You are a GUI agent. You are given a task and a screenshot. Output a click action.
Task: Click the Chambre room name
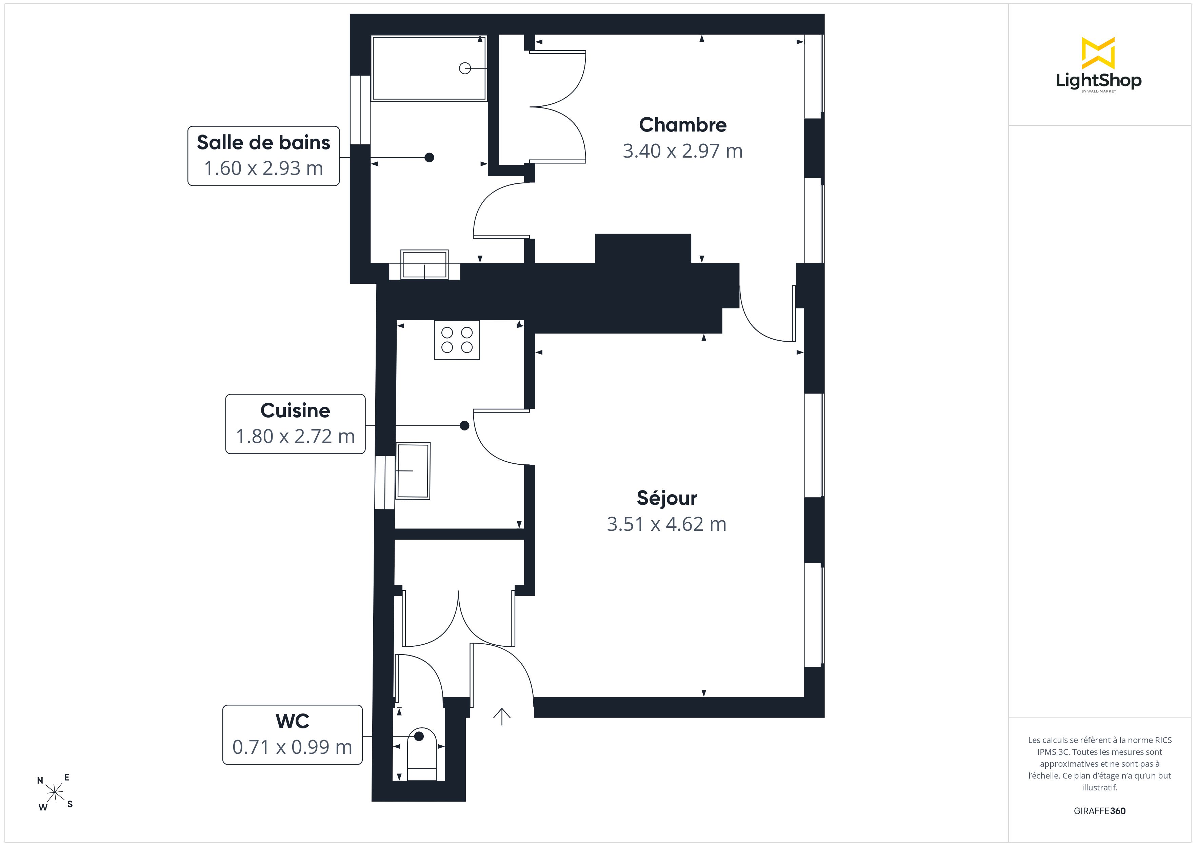pyautogui.click(x=682, y=125)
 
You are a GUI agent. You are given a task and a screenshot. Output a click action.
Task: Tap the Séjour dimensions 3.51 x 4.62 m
pyautogui.click(x=666, y=524)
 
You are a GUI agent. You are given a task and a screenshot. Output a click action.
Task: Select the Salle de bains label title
pyautogui.click(x=264, y=142)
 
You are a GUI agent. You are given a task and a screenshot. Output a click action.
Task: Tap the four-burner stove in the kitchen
pyautogui.click(x=457, y=340)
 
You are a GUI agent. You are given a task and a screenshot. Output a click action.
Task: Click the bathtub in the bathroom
pyautogui.click(x=429, y=68)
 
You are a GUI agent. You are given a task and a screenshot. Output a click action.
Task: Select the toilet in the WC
pyautogui.click(x=421, y=754)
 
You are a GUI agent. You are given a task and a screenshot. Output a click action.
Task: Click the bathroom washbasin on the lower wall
pyautogui.click(x=424, y=265)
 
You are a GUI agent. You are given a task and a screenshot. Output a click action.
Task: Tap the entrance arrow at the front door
pyautogui.click(x=502, y=717)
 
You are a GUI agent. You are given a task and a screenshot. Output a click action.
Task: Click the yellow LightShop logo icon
pyautogui.click(x=1098, y=53)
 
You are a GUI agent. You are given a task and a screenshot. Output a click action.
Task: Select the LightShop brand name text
pyautogui.click(x=1099, y=81)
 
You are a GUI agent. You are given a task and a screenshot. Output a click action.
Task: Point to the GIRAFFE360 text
pyautogui.click(x=1100, y=811)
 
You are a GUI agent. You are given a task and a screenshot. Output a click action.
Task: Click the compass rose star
pyautogui.click(x=55, y=793)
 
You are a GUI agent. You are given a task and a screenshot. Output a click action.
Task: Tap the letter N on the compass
pyautogui.click(x=40, y=780)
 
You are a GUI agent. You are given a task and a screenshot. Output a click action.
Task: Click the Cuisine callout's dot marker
pyautogui.click(x=465, y=426)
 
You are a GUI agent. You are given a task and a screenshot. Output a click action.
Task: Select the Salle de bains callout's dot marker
pyautogui.click(x=429, y=157)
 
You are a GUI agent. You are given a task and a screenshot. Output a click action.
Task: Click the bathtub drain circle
pyautogui.click(x=465, y=68)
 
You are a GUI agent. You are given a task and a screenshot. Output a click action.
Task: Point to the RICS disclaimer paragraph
pyautogui.click(x=1100, y=764)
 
